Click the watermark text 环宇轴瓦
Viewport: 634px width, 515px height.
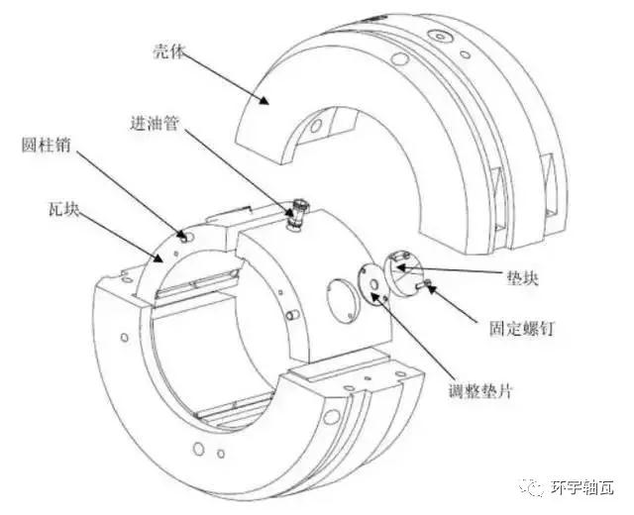coord(583,488)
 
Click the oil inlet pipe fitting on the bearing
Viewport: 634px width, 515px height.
coord(295,215)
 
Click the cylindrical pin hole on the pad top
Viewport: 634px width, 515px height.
coord(182,236)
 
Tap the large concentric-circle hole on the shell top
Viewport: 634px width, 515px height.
coord(438,36)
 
